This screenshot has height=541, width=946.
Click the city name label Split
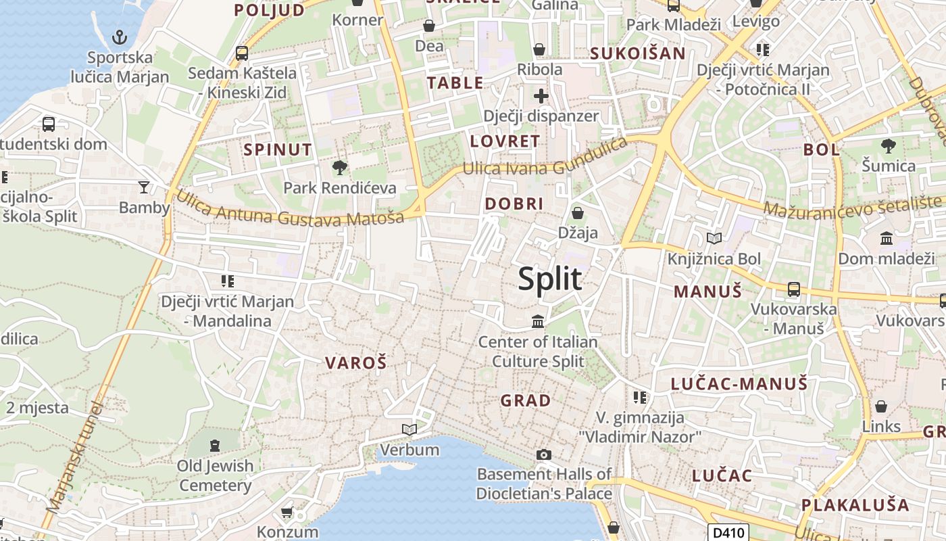[550, 279]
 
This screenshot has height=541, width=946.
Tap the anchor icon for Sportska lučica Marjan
[119, 37]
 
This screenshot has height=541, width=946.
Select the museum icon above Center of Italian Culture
[538, 321]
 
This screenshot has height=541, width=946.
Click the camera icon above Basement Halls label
[543, 454]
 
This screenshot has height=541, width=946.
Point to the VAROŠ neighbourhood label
[356, 363]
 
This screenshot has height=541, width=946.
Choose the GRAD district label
[526, 400]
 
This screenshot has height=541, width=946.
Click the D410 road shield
[729, 533]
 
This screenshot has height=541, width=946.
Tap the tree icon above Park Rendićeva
[339, 167]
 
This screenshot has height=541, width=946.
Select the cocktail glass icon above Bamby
[143, 187]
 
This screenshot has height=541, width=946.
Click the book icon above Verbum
[409, 429]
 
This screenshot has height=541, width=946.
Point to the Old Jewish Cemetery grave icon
[215, 445]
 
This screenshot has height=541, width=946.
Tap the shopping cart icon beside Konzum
[287, 513]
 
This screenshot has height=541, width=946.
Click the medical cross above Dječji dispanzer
[541, 96]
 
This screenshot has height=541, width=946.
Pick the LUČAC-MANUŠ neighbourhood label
[739, 384]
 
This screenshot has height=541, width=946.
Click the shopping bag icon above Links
[880, 406]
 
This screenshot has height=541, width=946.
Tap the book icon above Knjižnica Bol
[714, 238]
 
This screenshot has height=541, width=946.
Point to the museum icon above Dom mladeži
[886, 238]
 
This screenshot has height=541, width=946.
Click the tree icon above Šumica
[888, 145]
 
